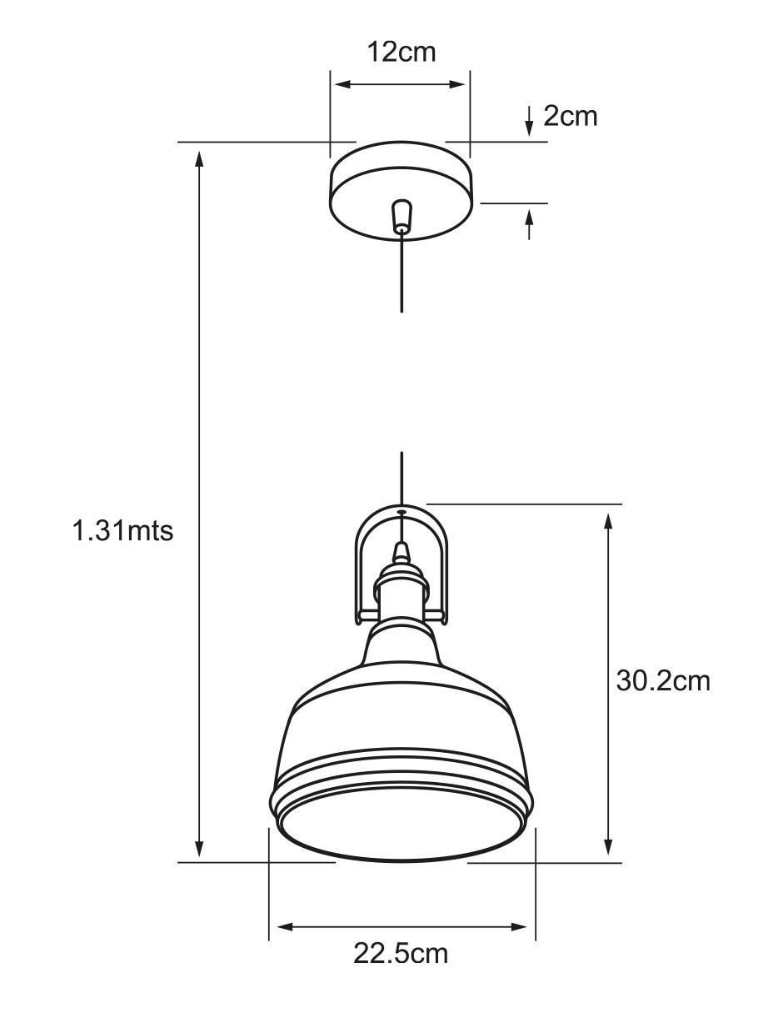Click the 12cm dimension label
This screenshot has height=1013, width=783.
(401, 53)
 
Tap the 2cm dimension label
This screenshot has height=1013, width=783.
(571, 116)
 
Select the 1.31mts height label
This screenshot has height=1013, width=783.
(123, 530)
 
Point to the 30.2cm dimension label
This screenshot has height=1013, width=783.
(663, 681)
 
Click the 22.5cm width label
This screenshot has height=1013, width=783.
(401, 953)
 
